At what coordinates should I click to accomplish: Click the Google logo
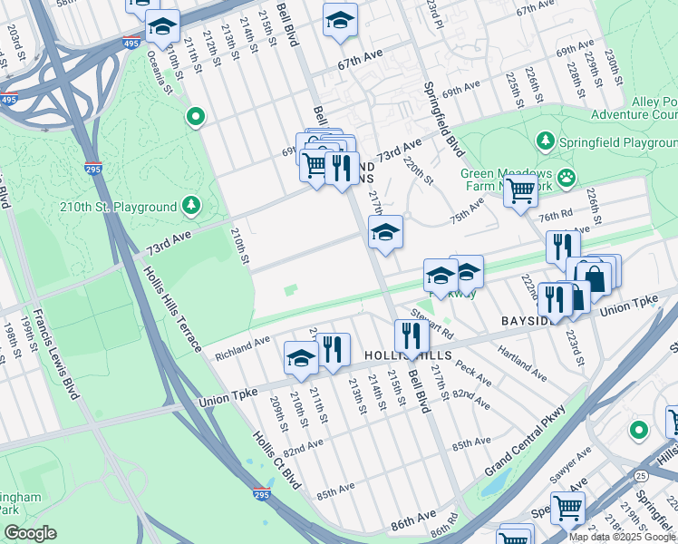coord(30,533)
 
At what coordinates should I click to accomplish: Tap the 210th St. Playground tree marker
coord(191,205)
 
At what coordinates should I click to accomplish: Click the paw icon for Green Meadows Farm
coord(567,176)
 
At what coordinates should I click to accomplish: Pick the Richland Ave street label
coord(242,349)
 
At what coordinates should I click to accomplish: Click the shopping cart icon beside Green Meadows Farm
coord(520,191)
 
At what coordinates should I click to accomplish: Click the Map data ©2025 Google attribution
coord(621,536)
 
